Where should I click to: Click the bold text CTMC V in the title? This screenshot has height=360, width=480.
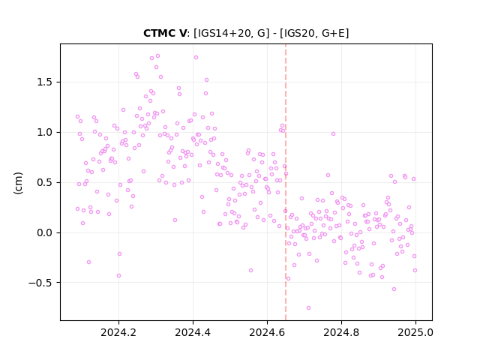tap(164, 33)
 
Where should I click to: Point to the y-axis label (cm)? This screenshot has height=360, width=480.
tap(18, 183)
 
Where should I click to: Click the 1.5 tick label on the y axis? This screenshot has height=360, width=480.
tap(44, 82)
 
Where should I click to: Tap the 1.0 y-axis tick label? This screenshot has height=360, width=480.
tap(44, 133)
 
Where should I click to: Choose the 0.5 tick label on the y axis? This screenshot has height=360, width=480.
tap(44, 183)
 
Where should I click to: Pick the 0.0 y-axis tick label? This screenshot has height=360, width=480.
tap(44, 233)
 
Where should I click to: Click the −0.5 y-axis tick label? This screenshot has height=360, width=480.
tap(40, 283)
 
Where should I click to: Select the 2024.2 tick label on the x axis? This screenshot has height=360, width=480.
tap(118, 332)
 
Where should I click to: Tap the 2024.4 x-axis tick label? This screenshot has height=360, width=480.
tap(193, 332)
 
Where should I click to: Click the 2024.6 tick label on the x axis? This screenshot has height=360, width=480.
tap(267, 332)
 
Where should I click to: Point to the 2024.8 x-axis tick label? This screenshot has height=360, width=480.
tap(341, 332)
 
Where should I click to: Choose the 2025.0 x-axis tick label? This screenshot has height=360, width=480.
tap(415, 332)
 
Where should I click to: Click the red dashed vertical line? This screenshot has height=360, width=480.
tap(286, 182)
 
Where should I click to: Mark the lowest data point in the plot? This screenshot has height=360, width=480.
tap(308, 308)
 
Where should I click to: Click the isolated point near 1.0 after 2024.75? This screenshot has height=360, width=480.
tap(333, 133)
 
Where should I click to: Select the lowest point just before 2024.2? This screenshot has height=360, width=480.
tap(118, 275)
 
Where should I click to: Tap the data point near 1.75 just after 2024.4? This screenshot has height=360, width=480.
tap(196, 57)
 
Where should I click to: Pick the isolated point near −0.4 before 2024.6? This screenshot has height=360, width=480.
tap(250, 270)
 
